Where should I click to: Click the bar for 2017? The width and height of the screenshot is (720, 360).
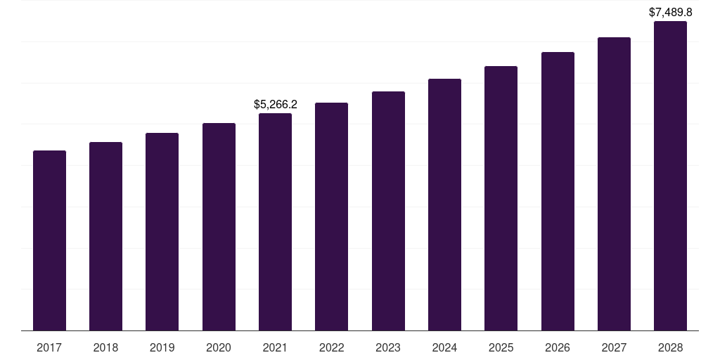tap(49, 240)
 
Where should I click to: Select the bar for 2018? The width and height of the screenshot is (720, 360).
tap(105, 236)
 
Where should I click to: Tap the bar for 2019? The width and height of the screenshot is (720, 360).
tap(162, 232)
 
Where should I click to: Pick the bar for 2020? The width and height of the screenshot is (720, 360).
tap(219, 227)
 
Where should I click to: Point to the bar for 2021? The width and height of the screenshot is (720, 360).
tap(275, 222)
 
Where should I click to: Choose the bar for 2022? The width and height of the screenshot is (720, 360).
tap(331, 217)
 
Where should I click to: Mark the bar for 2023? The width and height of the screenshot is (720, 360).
tap(388, 211)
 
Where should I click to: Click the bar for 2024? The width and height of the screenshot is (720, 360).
tap(444, 205)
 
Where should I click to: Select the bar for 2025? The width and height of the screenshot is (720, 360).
tap(501, 198)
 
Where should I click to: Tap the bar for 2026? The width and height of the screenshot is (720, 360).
tap(558, 191)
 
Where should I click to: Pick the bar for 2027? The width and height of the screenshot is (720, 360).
tap(614, 184)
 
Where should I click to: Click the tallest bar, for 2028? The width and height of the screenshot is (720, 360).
tap(670, 176)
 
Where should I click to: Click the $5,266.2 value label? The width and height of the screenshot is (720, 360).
tap(276, 105)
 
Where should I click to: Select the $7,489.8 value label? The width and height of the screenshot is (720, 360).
tap(671, 12)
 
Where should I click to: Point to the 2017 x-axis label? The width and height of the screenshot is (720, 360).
tap(49, 347)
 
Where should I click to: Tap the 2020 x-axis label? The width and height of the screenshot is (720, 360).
tap(219, 347)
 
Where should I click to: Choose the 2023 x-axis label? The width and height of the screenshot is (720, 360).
tap(388, 347)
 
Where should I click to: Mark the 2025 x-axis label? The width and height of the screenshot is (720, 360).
tap(501, 347)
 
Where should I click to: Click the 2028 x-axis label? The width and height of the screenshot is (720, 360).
tap(670, 347)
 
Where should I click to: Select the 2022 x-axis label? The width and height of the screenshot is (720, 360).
tap(331, 347)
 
